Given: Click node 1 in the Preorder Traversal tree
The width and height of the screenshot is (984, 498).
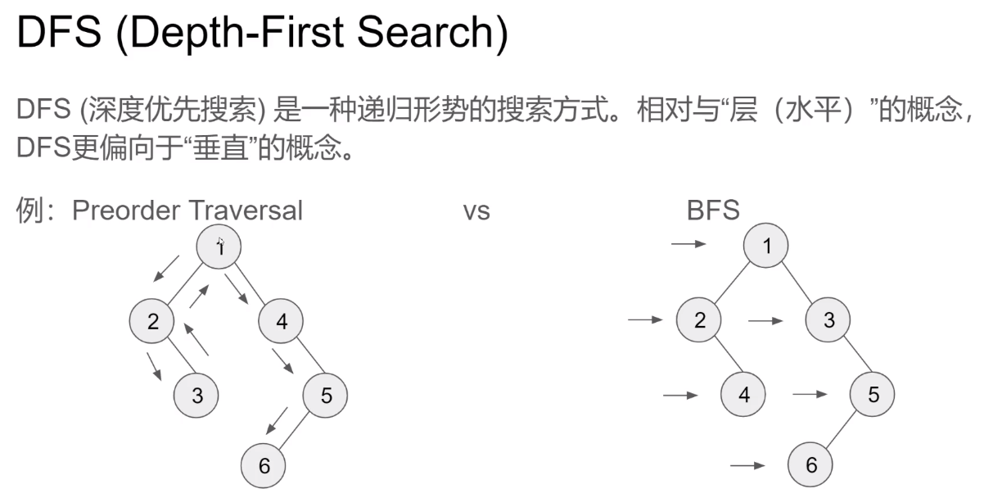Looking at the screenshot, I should (x=219, y=246).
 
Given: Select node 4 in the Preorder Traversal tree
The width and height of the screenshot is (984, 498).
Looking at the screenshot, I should (x=282, y=321).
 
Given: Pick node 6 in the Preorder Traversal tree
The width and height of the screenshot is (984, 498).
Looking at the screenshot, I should (x=264, y=466).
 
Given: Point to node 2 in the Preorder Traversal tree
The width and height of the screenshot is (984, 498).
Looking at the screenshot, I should (x=152, y=321).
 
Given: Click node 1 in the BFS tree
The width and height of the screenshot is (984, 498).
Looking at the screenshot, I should (x=766, y=245).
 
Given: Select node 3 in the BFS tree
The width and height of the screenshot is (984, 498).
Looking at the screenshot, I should (x=829, y=320).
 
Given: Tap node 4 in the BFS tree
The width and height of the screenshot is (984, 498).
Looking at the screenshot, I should (x=743, y=395).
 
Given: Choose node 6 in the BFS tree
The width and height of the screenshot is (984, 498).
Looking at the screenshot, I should (x=810, y=465).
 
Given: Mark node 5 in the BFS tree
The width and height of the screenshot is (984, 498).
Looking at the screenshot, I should (x=873, y=395).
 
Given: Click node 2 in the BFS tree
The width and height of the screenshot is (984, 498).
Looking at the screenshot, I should (x=699, y=320).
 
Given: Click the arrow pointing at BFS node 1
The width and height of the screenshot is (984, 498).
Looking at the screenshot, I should (x=688, y=244).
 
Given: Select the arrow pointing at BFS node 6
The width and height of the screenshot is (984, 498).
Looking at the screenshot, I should (x=747, y=465).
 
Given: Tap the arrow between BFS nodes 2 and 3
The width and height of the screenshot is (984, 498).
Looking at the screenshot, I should (x=765, y=320).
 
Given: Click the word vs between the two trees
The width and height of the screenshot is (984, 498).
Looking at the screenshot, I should (x=476, y=211).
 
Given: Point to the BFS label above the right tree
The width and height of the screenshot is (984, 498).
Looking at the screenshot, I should (x=713, y=211).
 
